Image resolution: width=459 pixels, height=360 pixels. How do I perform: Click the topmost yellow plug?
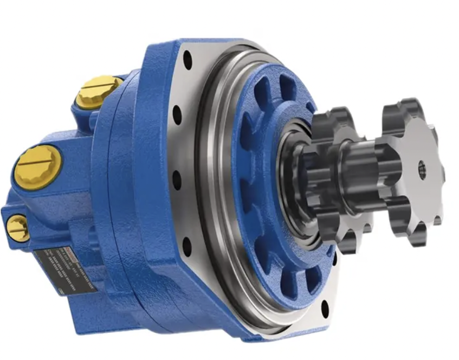pyautogui.click(x=99, y=91)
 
